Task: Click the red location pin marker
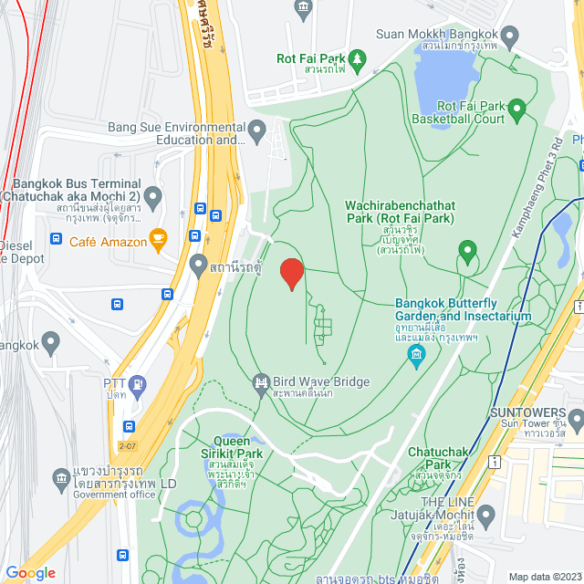pos(291,274)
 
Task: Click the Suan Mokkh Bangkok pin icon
pos(509,36)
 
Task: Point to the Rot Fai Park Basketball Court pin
pos(517,112)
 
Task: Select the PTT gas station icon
pos(138,384)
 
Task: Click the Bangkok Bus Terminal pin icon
pos(153,195)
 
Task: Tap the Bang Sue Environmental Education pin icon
pos(258,128)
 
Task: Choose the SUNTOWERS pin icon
pos(575,420)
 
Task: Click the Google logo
pos(30,572)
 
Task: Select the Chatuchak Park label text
pos(437,458)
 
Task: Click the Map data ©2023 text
pos(544,577)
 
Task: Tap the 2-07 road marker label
pos(127,446)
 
